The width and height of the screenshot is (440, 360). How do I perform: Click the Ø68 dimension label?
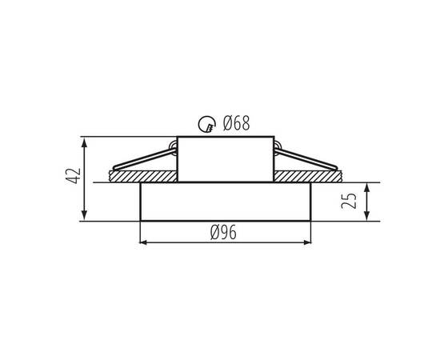coord(236,123)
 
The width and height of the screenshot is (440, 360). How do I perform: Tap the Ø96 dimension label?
coord(223,233)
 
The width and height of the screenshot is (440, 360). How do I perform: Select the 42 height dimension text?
coord(73,176)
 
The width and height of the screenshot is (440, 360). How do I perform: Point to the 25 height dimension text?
coord(349,201)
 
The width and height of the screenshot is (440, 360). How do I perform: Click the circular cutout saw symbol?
coord(207,124)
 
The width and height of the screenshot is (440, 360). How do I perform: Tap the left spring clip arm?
coord(144,160)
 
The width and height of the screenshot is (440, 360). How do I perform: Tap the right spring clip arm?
coord(306,159)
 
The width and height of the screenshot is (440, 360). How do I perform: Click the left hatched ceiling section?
coord(143,176)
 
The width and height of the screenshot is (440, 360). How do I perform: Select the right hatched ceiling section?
coord(308,176)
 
